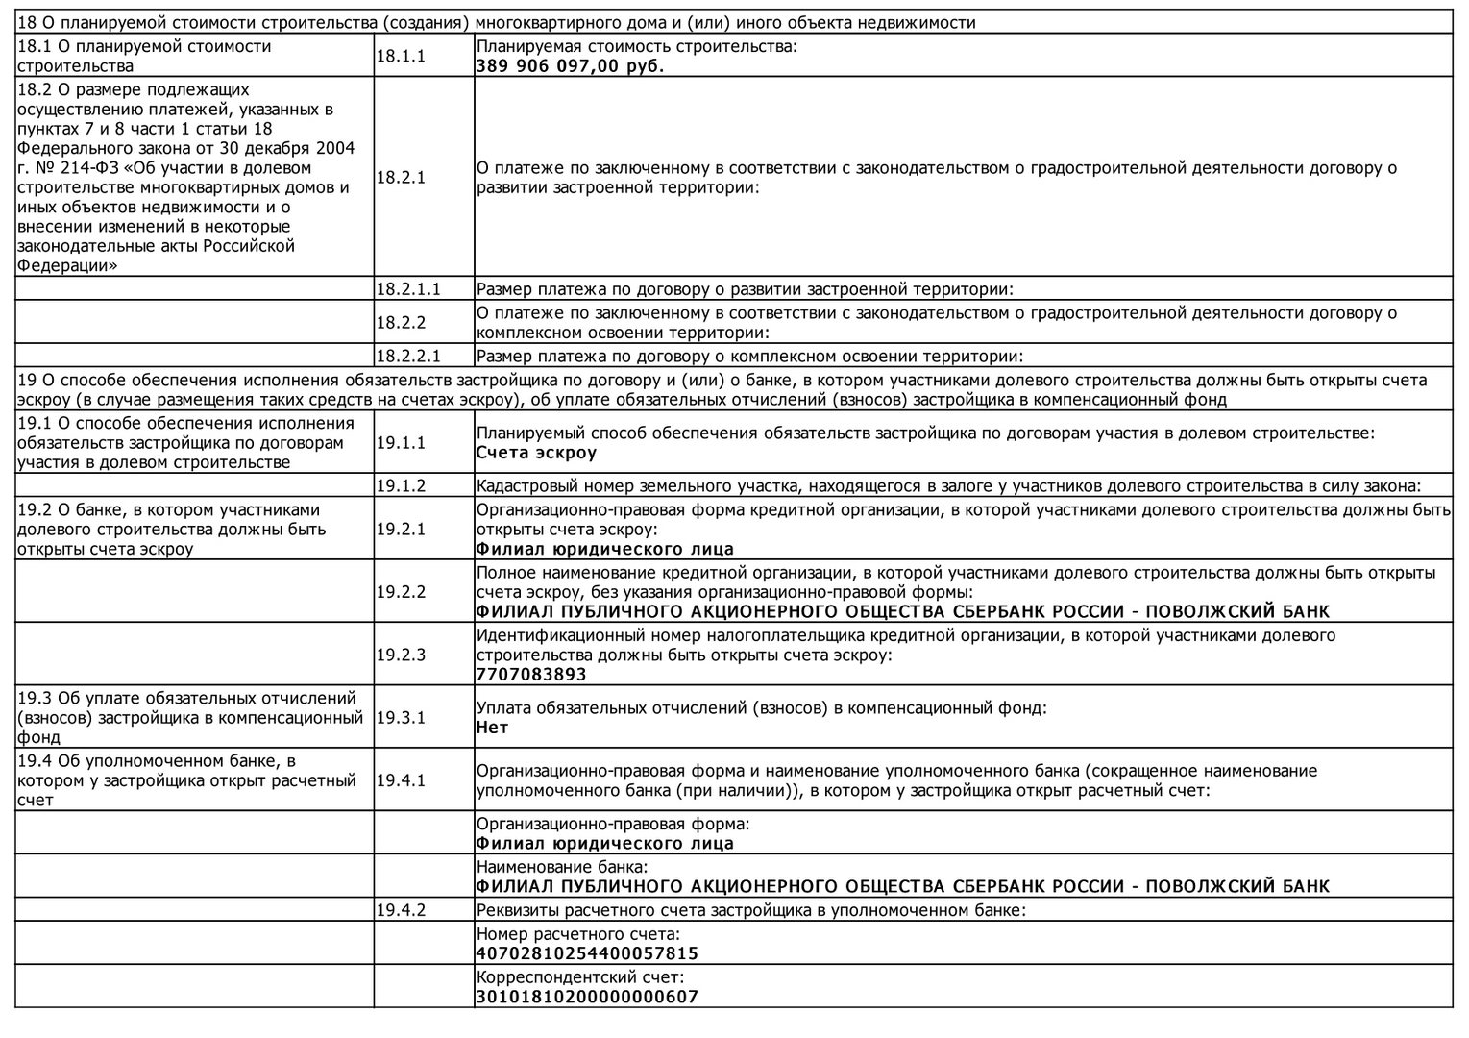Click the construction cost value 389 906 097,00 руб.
tap(570, 66)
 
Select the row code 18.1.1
tap(401, 57)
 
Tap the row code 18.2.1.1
tap(408, 288)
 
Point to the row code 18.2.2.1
tap(408, 357)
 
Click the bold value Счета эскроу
tap(536, 453)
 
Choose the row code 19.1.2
tap(401, 485)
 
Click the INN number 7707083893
tap(531, 675)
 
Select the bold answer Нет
tap(492, 728)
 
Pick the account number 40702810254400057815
tap(587, 953)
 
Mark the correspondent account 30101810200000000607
tap(587, 997)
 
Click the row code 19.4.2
tap(401, 909)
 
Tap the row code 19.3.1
tap(401, 717)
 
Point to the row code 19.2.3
tap(401, 655)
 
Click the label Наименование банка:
tap(562, 867)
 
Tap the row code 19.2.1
tap(401, 529)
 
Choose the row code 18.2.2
tap(401, 323)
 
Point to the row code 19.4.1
tap(401, 780)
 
